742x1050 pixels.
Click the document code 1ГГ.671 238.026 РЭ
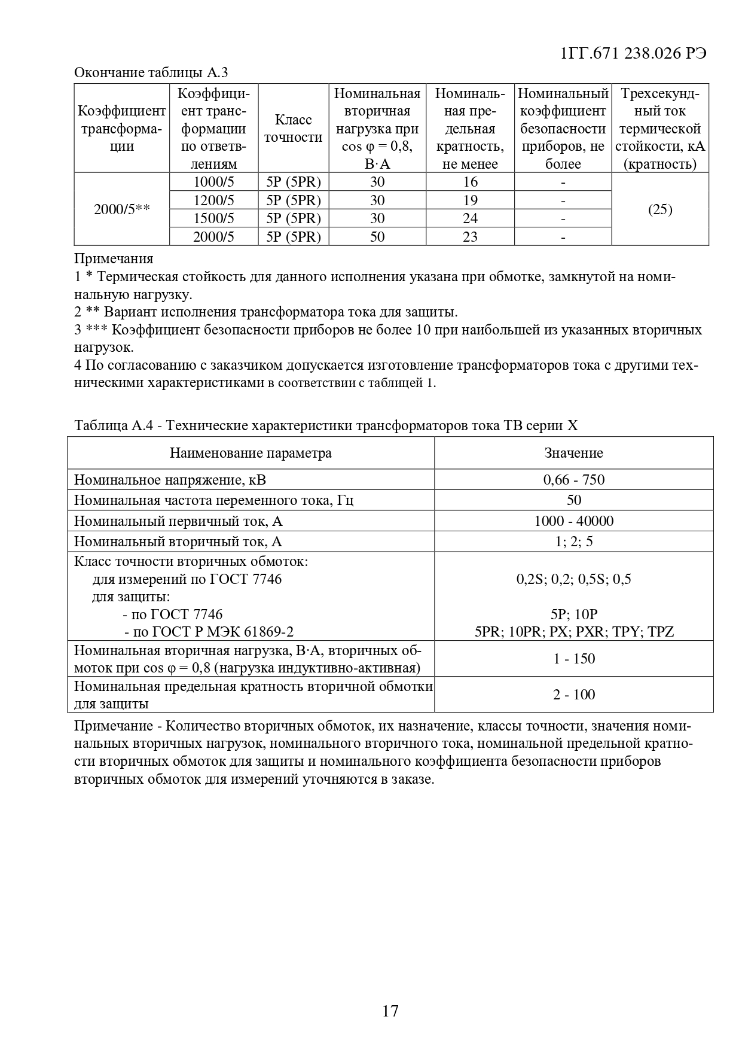coord(634,53)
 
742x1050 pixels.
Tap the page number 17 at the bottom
coord(390,1011)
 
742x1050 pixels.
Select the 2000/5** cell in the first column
coord(121,209)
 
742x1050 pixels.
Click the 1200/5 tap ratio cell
coord(213,200)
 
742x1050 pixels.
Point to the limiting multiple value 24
coord(470,218)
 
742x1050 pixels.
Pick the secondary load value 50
coord(377,236)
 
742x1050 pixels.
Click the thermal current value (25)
coord(660,209)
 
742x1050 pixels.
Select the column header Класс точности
coord(293,129)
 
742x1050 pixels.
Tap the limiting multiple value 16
coord(470,182)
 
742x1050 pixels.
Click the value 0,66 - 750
coord(573,479)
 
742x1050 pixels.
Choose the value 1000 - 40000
coord(573,521)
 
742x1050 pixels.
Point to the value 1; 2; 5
coord(573,541)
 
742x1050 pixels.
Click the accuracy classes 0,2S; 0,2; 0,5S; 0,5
coord(573,579)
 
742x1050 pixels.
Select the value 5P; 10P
coord(573,614)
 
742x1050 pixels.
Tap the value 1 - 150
coord(573,659)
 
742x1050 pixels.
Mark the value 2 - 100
coord(573,695)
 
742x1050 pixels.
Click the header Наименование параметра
coord(251,453)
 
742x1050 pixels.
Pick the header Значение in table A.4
coord(573,453)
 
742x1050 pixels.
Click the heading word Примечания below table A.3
coord(114,259)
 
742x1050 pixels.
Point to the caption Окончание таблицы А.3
coord(151,73)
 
